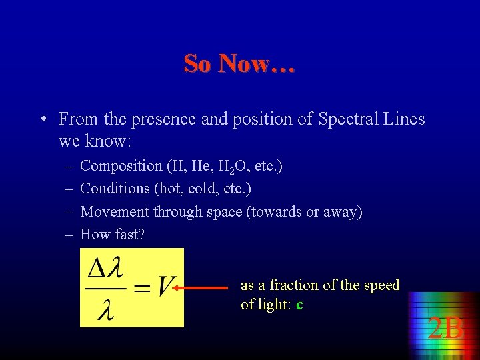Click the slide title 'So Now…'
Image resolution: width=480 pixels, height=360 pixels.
pos(239,64)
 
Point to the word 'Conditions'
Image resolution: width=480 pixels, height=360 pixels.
pos(115,189)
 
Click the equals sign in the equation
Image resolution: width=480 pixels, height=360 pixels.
pos(141,288)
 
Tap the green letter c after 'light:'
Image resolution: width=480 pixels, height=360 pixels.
pos(299,305)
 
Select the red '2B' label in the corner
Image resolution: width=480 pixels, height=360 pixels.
pos(445,328)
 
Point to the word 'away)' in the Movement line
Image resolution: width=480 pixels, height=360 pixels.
pos(343,212)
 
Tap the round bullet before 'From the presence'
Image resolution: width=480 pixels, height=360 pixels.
pos(42,120)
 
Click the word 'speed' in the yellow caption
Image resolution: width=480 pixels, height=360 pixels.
pos(382,285)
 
